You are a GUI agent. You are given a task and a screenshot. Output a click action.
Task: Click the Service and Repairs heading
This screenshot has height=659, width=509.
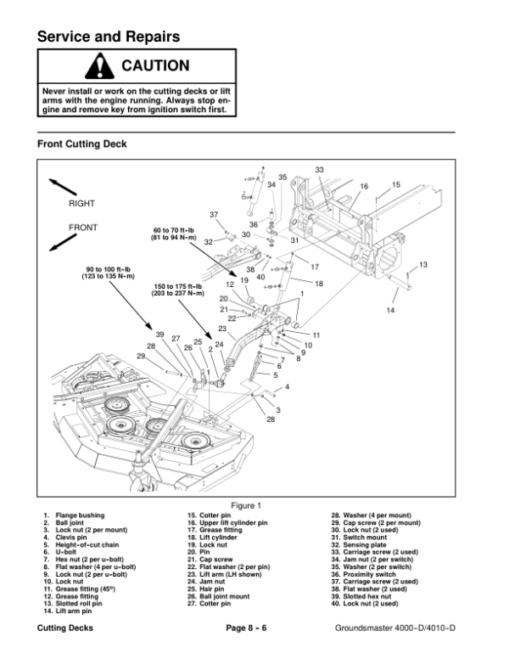pyautogui.click(x=109, y=37)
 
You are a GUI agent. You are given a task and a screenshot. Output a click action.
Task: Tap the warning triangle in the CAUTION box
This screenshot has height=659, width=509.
pyautogui.click(x=99, y=65)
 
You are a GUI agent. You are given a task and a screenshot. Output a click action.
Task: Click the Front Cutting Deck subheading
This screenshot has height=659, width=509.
pyautogui.click(x=81, y=144)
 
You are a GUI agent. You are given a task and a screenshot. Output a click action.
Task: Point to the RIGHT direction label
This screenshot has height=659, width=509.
pyautogui.click(x=81, y=204)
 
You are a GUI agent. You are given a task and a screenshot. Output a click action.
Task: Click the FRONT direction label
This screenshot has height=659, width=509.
pyautogui.click(x=82, y=228)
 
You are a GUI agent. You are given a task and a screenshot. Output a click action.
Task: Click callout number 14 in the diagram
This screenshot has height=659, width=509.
pyautogui.click(x=390, y=311)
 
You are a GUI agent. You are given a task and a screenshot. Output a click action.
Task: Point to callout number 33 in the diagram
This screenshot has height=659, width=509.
pyautogui.click(x=319, y=171)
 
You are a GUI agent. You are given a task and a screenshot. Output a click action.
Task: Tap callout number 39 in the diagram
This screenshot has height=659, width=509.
pyautogui.click(x=159, y=335)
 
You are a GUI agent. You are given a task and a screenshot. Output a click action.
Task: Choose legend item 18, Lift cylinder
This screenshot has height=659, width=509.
pyautogui.click(x=212, y=537)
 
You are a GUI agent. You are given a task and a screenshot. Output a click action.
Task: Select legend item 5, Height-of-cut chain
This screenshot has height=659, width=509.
pyautogui.click(x=81, y=544)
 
